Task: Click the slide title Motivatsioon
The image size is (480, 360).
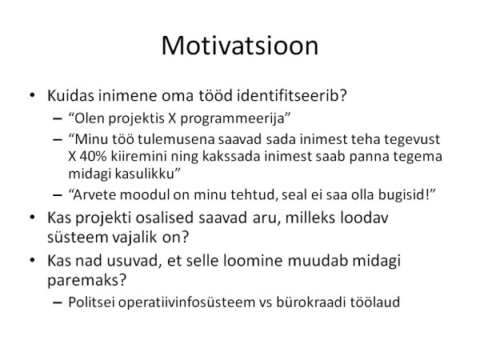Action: [x=240, y=46]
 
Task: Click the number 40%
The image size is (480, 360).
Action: [x=93, y=157]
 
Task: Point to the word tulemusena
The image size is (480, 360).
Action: [x=177, y=139]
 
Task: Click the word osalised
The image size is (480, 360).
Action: [x=165, y=218]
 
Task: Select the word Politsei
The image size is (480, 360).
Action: [x=91, y=302]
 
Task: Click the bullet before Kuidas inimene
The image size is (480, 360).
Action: [x=32, y=95]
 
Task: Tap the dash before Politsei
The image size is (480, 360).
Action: [x=58, y=302]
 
